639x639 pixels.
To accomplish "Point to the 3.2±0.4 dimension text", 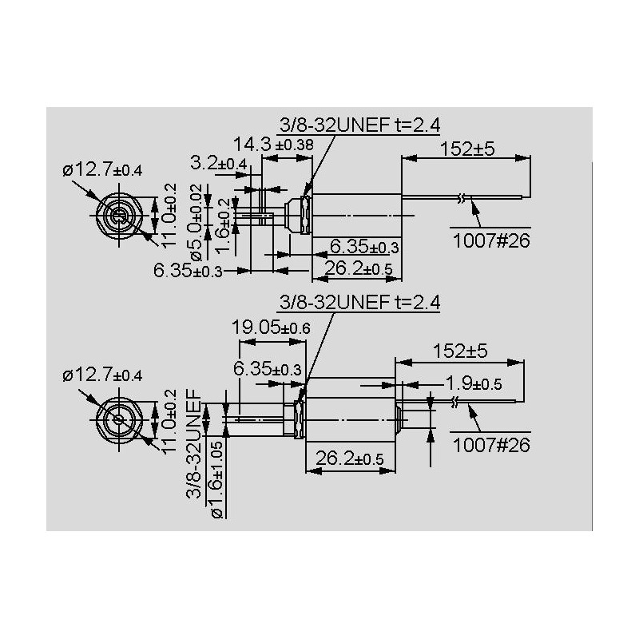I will click(219, 164).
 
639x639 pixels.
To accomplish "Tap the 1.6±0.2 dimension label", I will click(223, 227).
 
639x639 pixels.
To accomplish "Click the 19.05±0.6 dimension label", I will click(270, 327).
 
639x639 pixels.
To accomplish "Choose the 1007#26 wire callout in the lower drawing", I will click(491, 445).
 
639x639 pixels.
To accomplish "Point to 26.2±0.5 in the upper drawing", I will click(357, 270).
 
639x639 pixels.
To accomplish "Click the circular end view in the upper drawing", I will click(119, 215).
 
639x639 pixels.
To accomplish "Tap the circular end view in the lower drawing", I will click(118, 419).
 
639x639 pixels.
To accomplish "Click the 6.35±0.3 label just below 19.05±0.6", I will click(268, 369).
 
